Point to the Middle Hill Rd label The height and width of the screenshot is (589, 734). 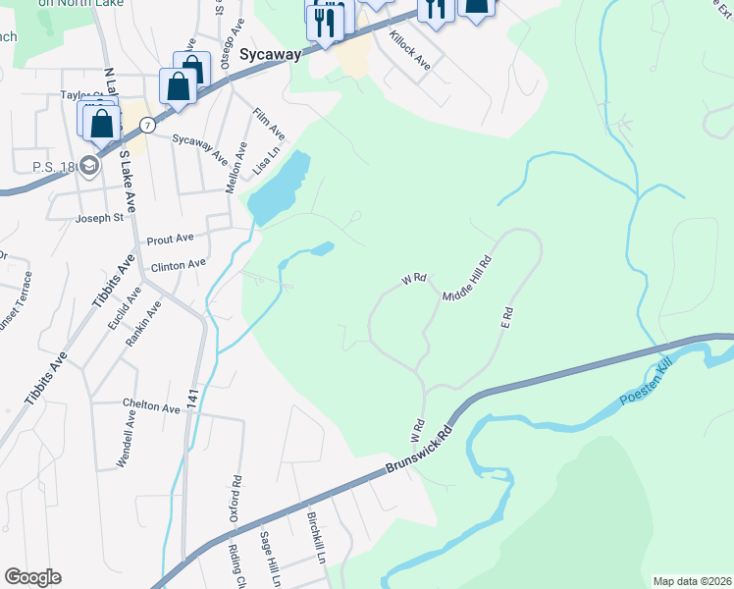pos(466,280)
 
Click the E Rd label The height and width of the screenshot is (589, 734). pos(507,316)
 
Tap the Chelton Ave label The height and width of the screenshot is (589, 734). pos(151,407)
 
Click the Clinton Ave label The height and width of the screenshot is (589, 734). pos(178,264)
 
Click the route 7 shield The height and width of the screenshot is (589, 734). pos(146,125)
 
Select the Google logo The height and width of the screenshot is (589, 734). pos(32,577)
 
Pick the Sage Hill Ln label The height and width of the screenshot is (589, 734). pos(265,554)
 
